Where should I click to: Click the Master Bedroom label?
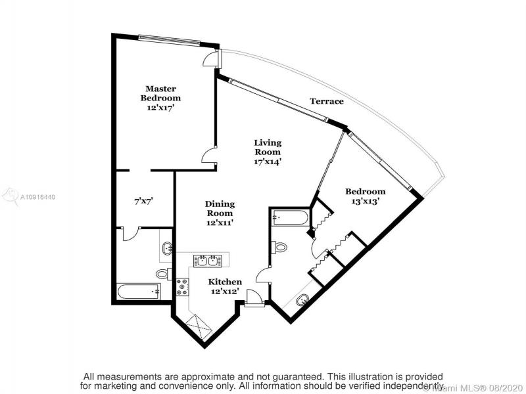(160, 93)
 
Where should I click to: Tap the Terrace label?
(327, 101)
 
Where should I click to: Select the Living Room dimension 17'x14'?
(268, 162)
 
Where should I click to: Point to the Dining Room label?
(220, 208)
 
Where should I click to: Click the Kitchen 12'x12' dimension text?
(225, 291)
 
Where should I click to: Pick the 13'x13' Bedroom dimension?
(366, 201)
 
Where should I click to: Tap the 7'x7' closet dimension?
(143, 202)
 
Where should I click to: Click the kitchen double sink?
(207, 261)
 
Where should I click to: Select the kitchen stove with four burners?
(183, 287)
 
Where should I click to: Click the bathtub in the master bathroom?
(139, 292)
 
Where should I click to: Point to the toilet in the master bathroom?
(164, 274)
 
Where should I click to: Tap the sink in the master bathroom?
(168, 248)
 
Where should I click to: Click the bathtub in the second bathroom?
(290, 217)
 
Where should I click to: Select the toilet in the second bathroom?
(279, 248)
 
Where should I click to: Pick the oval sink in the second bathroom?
(302, 300)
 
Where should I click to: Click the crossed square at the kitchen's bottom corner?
(199, 327)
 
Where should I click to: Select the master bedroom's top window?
(169, 39)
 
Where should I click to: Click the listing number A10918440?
(37, 197)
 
